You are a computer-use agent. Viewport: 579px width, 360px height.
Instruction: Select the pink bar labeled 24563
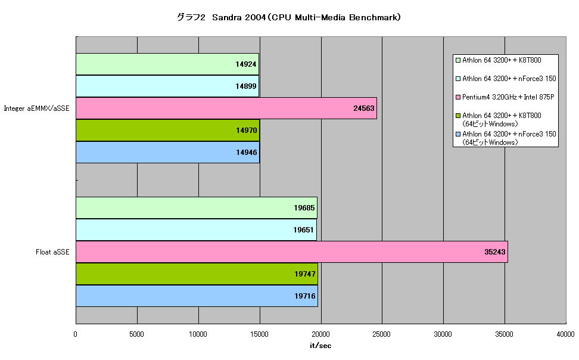(226, 108)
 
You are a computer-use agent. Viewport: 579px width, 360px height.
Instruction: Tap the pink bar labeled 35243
(292, 252)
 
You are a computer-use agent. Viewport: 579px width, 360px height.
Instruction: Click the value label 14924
(245, 64)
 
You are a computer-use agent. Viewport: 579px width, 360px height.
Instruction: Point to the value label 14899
(245, 86)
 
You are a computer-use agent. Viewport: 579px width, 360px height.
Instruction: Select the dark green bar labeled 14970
(167, 130)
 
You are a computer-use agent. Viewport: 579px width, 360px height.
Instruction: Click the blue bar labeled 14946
(167, 152)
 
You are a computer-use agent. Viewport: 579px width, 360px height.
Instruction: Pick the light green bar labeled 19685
(197, 208)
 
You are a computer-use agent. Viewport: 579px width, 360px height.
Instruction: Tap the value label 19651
(303, 230)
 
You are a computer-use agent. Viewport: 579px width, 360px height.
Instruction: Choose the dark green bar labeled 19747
(197, 274)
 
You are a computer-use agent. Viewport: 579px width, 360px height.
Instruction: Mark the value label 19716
(304, 296)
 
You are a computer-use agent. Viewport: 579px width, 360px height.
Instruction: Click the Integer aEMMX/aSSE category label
(36, 108)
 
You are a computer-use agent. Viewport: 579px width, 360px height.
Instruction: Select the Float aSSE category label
(52, 252)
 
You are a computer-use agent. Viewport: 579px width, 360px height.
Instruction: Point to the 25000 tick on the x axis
(381, 334)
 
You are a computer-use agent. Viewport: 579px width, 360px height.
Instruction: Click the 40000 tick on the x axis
(565, 334)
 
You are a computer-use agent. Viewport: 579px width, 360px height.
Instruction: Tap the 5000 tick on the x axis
(136, 334)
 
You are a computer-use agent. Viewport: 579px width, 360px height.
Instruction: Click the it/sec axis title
(320, 346)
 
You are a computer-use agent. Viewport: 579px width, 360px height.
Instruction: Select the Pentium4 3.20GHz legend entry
(505, 97)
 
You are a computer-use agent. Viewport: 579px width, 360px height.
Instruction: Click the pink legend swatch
(458, 97)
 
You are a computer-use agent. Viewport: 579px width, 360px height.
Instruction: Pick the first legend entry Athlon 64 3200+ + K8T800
(499, 60)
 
